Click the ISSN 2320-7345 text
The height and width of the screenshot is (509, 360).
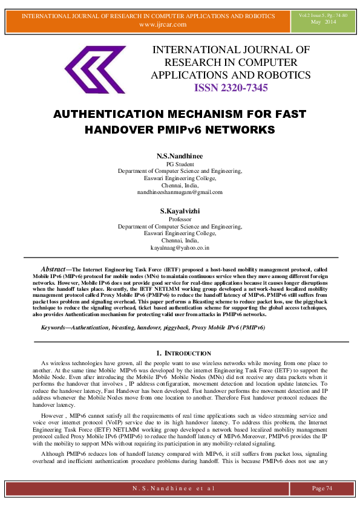pos(231,88)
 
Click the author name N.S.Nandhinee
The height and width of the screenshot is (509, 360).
pos(180,156)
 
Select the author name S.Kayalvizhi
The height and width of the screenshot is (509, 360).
pos(180,211)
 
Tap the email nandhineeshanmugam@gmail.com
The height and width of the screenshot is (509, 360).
pos(180,192)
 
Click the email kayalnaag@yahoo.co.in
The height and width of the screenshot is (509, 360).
pos(180,248)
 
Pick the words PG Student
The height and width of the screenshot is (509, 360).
pos(180,164)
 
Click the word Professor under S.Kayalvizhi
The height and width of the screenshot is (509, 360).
pos(180,219)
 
